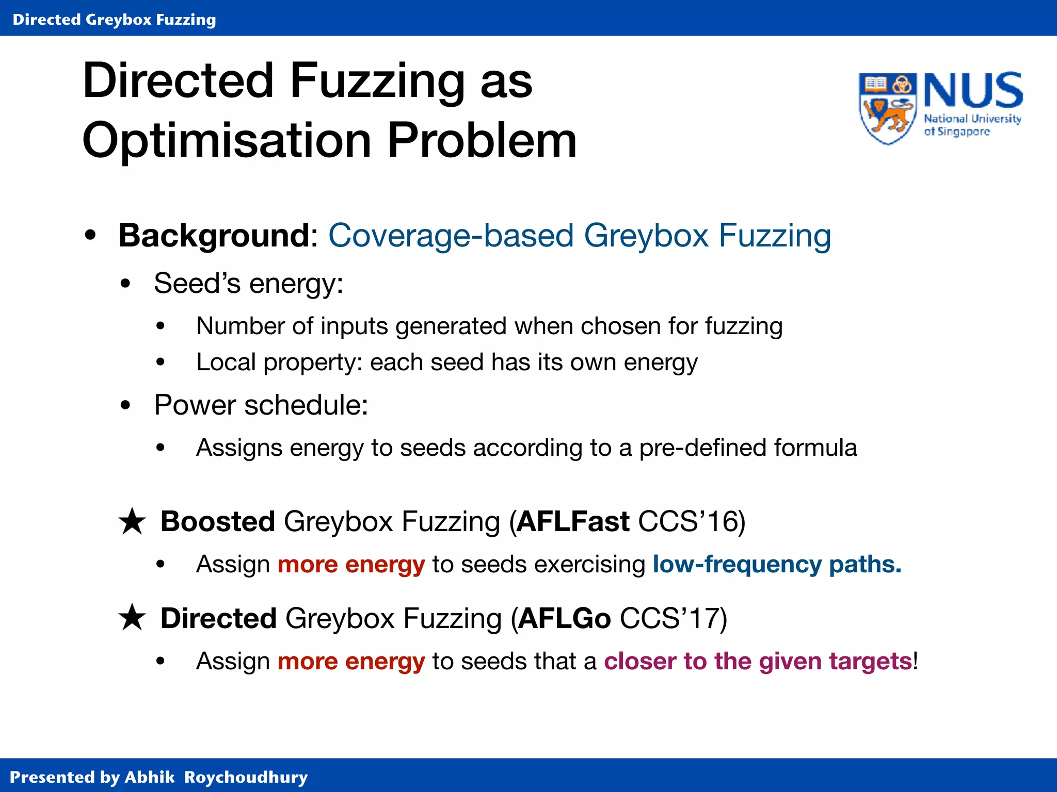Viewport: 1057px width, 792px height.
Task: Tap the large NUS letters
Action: point(972,91)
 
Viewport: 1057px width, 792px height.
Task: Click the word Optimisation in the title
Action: point(227,140)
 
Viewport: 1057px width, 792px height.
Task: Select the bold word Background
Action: point(214,236)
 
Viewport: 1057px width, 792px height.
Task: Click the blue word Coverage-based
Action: point(451,236)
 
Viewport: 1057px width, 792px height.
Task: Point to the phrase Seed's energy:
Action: point(249,284)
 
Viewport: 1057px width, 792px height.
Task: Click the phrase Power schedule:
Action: point(261,405)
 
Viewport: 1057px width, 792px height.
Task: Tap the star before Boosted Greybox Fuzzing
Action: point(133,521)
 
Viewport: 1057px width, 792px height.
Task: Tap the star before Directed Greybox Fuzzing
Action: point(133,618)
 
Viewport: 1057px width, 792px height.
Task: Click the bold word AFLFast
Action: point(573,521)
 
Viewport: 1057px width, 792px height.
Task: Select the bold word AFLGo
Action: point(564,618)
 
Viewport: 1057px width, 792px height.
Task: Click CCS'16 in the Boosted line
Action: point(691,521)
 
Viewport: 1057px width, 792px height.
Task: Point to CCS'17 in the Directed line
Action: point(673,618)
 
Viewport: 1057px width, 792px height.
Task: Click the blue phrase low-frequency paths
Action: point(777,565)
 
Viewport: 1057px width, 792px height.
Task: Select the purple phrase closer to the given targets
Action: point(758,661)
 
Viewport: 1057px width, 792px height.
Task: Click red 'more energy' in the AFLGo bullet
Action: point(351,661)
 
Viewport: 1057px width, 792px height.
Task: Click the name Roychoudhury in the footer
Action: point(246,777)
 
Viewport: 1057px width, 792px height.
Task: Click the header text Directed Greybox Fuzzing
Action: point(114,20)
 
